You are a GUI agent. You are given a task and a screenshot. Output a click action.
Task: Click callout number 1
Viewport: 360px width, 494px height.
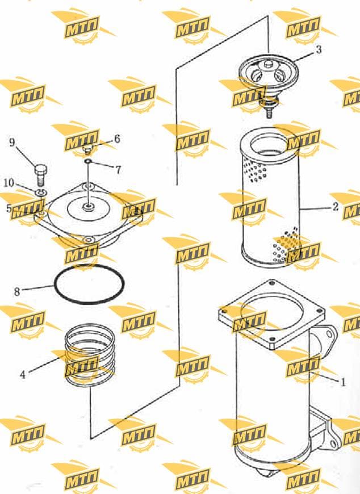click(343, 382)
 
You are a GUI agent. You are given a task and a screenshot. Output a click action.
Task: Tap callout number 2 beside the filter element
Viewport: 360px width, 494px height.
click(336, 206)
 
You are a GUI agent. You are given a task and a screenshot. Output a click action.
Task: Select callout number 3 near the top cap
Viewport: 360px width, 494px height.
click(319, 49)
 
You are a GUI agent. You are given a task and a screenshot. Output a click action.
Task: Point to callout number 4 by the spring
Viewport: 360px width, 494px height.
click(22, 375)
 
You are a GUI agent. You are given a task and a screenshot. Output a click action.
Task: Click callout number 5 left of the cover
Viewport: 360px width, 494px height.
click(9, 208)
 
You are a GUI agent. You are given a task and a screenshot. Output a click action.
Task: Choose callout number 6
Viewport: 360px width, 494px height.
click(117, 139)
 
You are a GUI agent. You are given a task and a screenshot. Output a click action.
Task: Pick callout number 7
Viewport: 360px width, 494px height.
click(118, 170)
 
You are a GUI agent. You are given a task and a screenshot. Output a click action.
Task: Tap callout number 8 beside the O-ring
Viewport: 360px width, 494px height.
click(17, 292)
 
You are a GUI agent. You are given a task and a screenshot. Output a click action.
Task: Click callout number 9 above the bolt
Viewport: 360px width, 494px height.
click(12, 143)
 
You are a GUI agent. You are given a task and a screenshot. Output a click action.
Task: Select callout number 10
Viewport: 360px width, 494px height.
click(9, 183)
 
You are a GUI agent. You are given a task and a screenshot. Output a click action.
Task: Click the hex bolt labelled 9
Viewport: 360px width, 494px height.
click(40, 174)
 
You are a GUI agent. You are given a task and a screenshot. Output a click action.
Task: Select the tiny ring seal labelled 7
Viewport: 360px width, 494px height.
click(88, 162)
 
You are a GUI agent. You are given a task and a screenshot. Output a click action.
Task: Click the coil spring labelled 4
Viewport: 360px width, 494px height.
click(90, 354)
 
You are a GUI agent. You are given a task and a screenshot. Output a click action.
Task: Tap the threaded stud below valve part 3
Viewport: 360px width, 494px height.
click(269, 112)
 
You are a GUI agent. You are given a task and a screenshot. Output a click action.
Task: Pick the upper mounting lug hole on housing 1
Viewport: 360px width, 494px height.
click(329, 334)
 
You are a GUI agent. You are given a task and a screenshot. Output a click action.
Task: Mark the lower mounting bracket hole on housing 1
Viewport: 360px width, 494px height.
click(334, 445)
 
